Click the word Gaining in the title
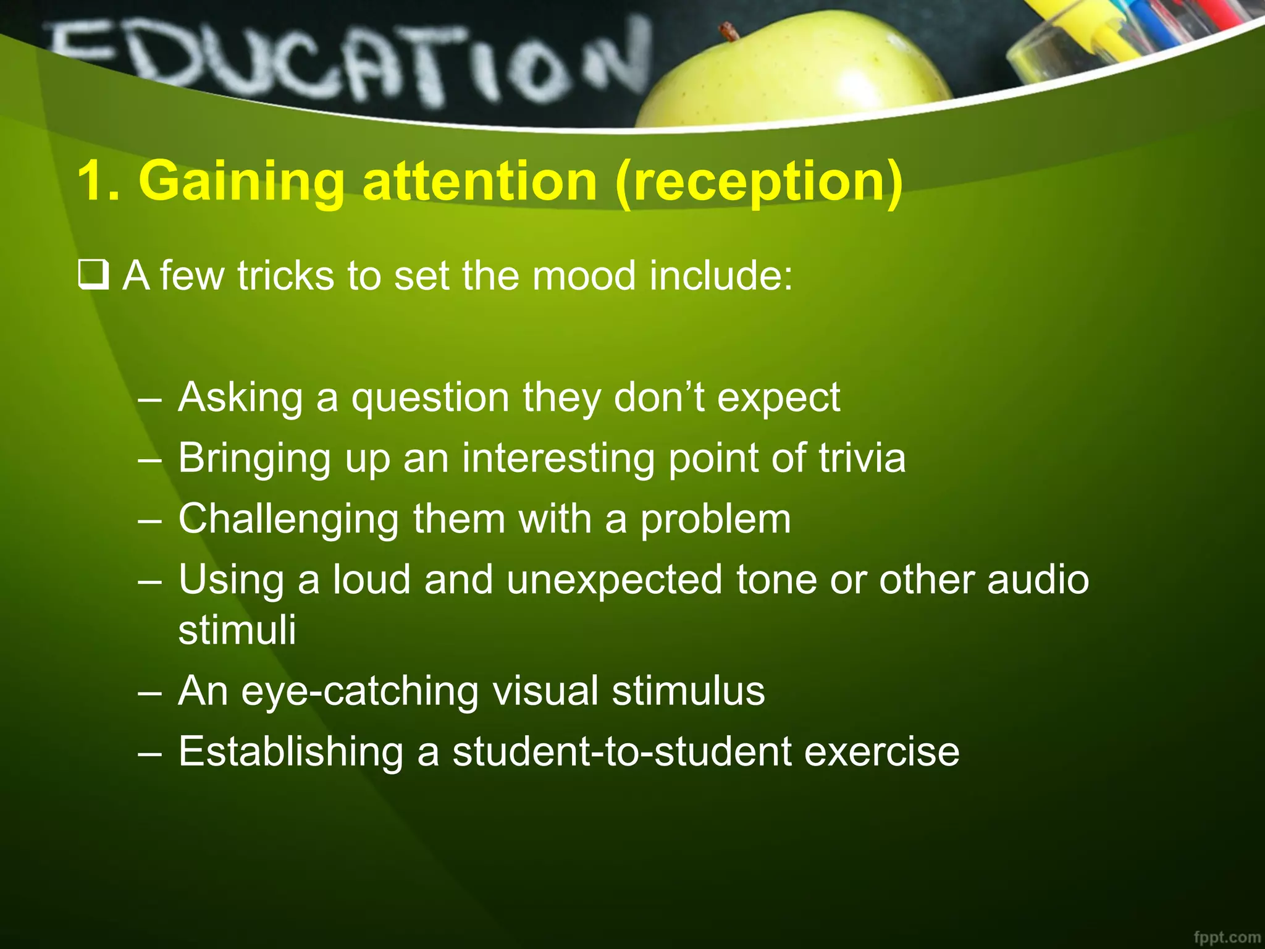[242, 182]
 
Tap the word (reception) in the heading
[759, 182]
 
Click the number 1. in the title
[99, 182]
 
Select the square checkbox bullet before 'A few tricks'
[93, 276]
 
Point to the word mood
[584, 276]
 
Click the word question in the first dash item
[430, 398]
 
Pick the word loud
[372, 580]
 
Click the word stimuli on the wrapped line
[237, 630]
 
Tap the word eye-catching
[359, 691]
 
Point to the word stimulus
[688, 691]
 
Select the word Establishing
[290, 752]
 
